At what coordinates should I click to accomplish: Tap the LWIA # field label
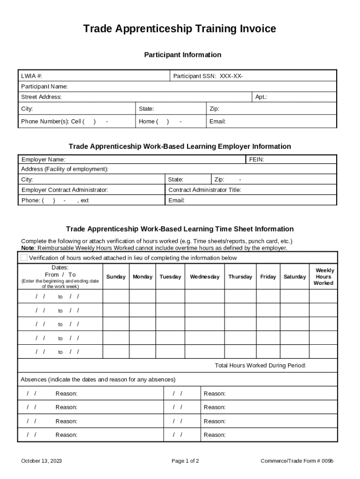[x=31, y=76]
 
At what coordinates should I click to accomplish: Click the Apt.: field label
[x=261, y=97]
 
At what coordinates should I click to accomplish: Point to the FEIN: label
[x=257, y=160]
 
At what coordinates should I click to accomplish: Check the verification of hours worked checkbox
[x=24, y=258]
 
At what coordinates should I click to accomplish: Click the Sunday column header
[x=116, y=277]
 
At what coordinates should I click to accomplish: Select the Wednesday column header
[x=204, y=277]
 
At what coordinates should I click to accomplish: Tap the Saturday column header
[x=295, y=277]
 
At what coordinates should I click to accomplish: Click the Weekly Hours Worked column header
[x=324, y=277]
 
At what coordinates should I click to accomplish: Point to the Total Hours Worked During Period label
[x=260, y=365]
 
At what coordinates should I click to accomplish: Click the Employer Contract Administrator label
[x=65, y=190]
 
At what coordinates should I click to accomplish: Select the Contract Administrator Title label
[x=204, y=190]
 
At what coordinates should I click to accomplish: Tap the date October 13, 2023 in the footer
[x=42, y=461]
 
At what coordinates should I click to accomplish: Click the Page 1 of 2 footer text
[x=185, y=461]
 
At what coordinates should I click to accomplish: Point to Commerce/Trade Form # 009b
[x=297, y=461]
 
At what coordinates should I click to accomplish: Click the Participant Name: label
[x=44, y=87]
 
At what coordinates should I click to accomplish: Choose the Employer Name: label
[x=43, y=160]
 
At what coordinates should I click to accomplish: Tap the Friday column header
[x=268, y=277]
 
